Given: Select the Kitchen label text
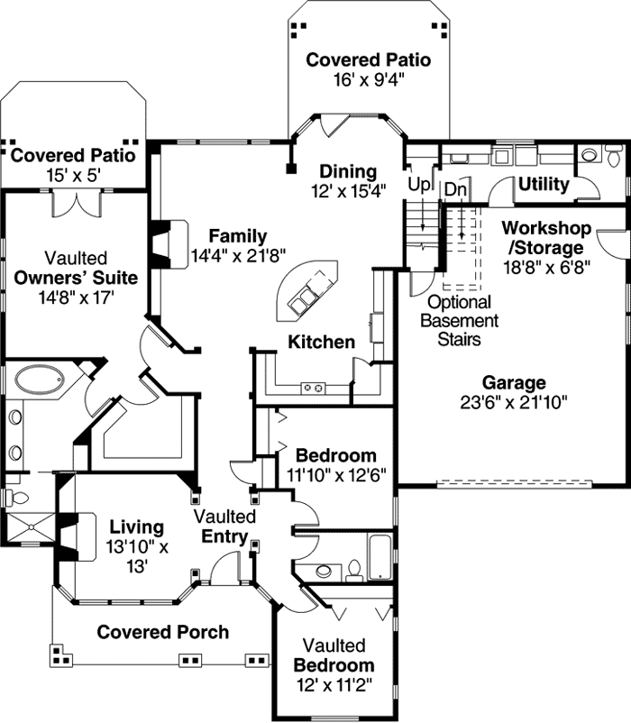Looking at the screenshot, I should [x=321, y=342].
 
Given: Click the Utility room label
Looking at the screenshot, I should [x=544, y=185].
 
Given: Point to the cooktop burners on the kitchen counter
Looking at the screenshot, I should [x=313, y=388].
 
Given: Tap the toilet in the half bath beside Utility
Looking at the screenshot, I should [x=590, y=155].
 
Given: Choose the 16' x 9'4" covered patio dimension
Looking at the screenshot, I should [x=368, y=78].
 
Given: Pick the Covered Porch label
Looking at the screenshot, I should [x=163, y=631].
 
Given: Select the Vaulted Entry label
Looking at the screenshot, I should [x=225, y=526].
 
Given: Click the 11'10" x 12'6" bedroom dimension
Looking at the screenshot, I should [x=336, y=474].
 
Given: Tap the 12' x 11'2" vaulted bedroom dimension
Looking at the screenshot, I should [x=334, y=684].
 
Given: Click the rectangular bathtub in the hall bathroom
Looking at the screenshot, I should [x=380, y=557].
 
